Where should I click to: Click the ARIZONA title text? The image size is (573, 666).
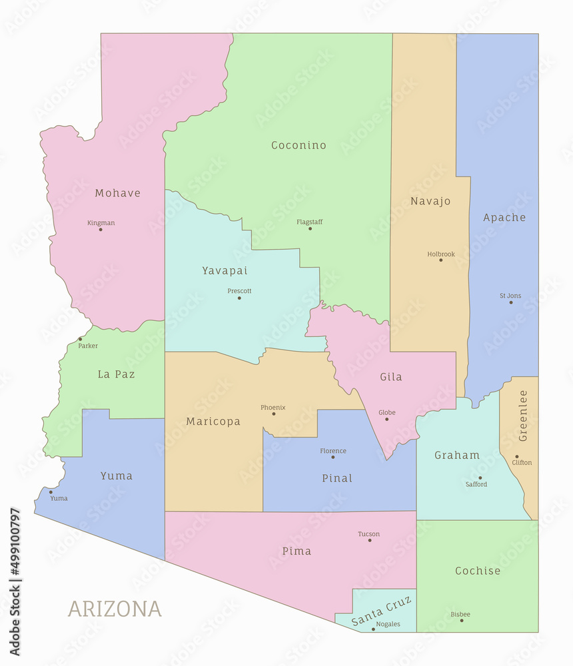pos(114,609)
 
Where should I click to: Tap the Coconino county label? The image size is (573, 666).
pos(298,145)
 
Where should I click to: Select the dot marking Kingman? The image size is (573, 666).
pos(101,230)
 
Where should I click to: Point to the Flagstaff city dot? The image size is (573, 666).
pos(310,228)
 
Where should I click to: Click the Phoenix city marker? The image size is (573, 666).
pos(273,414)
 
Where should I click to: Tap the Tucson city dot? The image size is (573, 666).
pos(370,540)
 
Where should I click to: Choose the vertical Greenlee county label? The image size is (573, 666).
pos(523,416)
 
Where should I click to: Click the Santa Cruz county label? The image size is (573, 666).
pos(382,611)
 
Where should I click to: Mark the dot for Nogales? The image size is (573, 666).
pos(373,629)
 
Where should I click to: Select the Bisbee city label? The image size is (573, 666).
pos(460,614)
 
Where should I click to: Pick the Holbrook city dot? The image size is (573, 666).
pos(440,260)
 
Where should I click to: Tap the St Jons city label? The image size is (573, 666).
pos(510,296)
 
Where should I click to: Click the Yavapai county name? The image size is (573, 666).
pos(225,270)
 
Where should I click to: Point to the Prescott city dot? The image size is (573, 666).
pos(239,298)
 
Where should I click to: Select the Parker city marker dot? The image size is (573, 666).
pos(81,339)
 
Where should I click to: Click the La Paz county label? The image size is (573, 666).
pos(116,374)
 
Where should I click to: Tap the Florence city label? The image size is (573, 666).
pos(333,451)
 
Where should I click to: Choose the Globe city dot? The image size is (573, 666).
pos(386,419)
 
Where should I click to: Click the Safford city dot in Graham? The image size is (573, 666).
pos(480,478)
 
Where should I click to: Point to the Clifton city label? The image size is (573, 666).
pos(522,462)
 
